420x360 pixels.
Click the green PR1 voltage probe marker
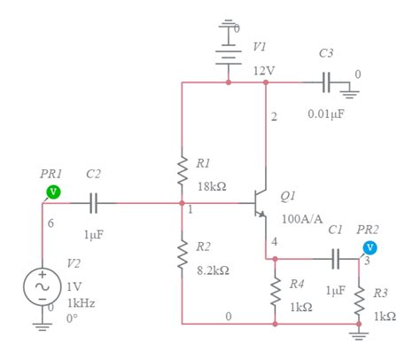pyautogui.click(x=53, y=191)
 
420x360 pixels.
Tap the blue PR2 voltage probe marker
pyautogui.click(x=370, y=247)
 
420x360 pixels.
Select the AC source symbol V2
pyautogui.click(x=42, y=286)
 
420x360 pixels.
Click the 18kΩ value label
pyautogui.click(x=213, y=187)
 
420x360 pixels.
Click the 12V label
pyautogui.click(x=264, y=70)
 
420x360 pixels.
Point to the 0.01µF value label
pyautogui.click(x=326, y=113)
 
